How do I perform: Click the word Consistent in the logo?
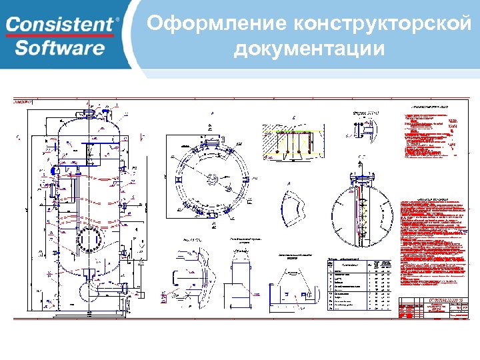click(x=60, y=24)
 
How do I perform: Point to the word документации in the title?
click(x=309, y=49)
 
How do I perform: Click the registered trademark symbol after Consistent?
click(x=118, y=19)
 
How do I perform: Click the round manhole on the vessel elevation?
click(x=87, y=241)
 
